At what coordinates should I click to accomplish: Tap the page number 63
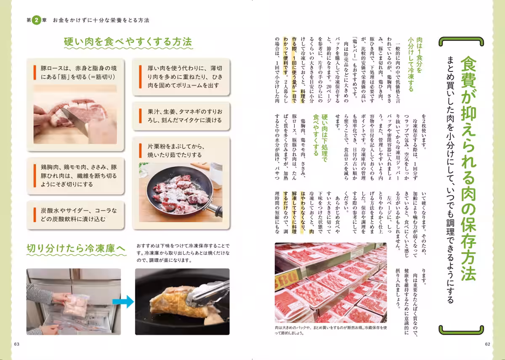pyautogui.click(x=17, y=344)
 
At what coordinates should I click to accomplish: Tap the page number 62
pyautogui.click(x=487, y=344)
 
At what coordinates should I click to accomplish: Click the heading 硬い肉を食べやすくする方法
pyautogui.click(x=128, y=42)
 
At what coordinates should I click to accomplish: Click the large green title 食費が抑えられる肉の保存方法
pyautogui.click(x=468, y=168)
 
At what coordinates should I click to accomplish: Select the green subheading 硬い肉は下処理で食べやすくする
pyautogui.click(x=319, y=135)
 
